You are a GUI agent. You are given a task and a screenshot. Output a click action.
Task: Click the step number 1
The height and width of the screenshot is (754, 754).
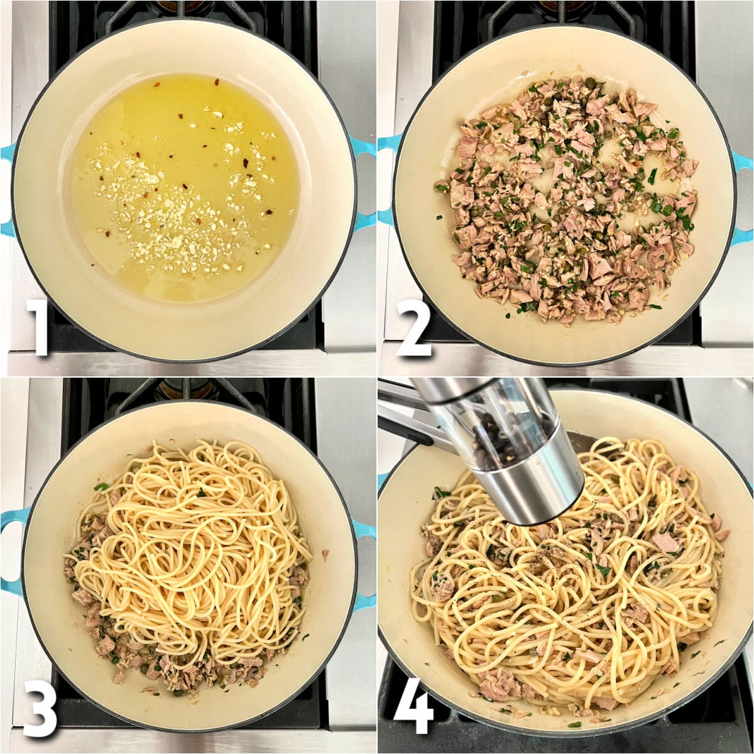(39, 327)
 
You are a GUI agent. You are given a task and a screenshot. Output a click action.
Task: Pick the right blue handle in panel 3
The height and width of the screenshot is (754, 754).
(364, 565)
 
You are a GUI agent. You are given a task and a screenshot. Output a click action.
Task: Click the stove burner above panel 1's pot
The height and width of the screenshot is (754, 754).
(182, 9)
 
